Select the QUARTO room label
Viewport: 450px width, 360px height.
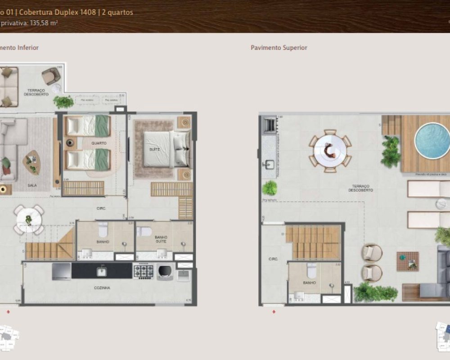coord(99,143)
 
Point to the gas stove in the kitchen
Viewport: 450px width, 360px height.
coord(144,271)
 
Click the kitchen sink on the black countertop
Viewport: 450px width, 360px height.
coord(102,271)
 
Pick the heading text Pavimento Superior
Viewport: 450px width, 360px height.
coord(279,48)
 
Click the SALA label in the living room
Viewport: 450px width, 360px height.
coord(32,185)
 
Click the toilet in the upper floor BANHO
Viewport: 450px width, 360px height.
coord(311,271)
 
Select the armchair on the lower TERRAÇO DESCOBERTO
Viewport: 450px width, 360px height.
coord(51,75)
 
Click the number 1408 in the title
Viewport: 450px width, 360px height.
coord(86,12)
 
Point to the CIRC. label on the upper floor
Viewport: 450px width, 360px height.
coord(273,259)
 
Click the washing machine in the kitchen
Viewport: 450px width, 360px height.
coord(165,271)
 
